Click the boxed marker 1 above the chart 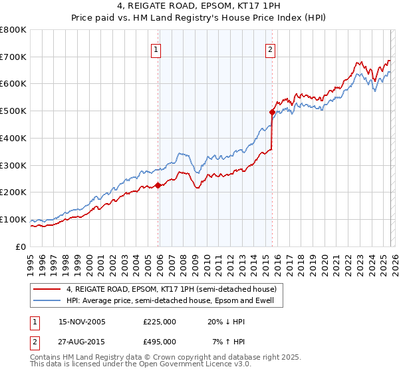point(156,49)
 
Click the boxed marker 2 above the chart point(271,49)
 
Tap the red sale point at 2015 point(272,113)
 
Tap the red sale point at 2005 point(158,186)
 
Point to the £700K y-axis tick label point(13,57)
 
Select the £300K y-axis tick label point(13,165)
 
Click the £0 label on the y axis point(20,246)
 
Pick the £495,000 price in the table point(160,341)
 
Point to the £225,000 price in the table point(160,322)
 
